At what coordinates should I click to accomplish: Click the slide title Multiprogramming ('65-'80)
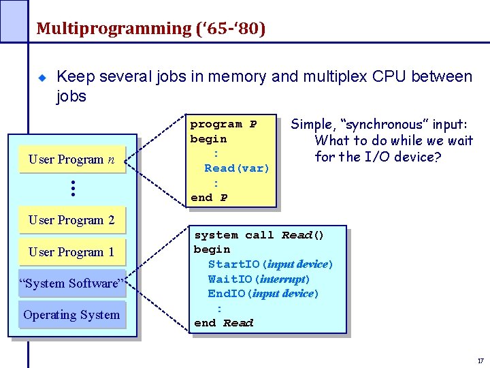pyautogui.click(x=150, y=29)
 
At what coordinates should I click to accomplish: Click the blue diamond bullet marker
pyautogui.click(x=42, y=78)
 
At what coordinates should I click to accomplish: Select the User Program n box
pyautogui.click(x=72, y=159)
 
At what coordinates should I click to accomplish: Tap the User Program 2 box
pyautogui.click(x=72, y=220)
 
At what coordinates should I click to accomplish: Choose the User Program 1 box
pyautogui.click(x=72, y=251)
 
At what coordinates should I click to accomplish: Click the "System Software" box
pyautogui.click(x=72, y=283)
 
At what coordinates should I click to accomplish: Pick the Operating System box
pyautogui.click(x=72, y=315)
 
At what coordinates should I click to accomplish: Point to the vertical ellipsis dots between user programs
pyautogui.click(x=72, y=189)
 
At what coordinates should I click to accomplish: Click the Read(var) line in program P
pyautogui.click(x=237, y=168)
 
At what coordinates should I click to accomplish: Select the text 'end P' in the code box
pyautogui.click(x=209, y=198)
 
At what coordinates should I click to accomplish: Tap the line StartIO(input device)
pyautogui.click(x=270, y=264)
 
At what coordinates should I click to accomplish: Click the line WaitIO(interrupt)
pyautogui.click(x=259, y=279)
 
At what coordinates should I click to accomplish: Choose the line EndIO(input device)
pyautogui.click(x=263, y=294)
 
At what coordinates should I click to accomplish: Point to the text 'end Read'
pyautogui.click(x=223, y=323)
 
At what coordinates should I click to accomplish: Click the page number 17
pyautogui.click(x=480, y=360)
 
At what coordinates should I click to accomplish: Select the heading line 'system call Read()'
pyautogui.click(x=259, y=235)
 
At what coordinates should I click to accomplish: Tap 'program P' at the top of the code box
pyautogui.click(x=223, y=125)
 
